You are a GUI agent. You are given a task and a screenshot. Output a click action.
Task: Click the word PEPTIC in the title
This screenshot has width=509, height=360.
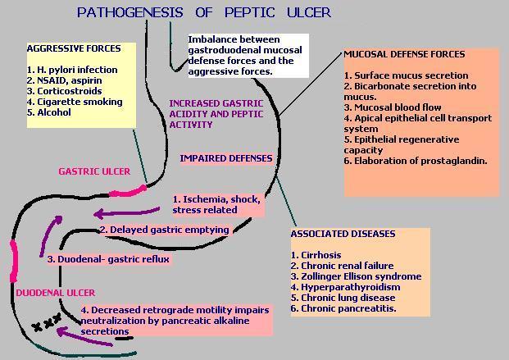tap(250, 12)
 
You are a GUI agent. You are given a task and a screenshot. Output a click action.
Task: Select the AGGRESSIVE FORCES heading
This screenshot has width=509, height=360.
tap(74, 48)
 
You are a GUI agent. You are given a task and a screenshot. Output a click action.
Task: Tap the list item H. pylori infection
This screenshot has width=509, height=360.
tap(72, 70)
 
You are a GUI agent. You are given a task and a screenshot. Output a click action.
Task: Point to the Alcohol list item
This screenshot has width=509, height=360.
tap(48, 112)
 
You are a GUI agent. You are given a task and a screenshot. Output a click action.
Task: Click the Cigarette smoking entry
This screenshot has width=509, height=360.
tap(75, 102)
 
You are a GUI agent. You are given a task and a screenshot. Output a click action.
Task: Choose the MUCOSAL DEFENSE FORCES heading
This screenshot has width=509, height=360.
tap(404, 54)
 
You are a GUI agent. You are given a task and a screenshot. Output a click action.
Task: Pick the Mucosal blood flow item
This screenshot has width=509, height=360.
tap(393, 107)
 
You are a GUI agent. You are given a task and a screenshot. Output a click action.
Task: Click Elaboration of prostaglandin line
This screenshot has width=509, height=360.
tap(416, 161)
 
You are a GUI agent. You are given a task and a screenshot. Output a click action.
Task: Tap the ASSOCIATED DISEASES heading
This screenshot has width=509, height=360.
tap(343, 234)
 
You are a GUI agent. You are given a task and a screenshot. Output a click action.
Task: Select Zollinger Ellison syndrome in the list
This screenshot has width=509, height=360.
tap(356, 276)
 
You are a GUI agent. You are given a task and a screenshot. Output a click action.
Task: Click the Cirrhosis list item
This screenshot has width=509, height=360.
tap(311, 255)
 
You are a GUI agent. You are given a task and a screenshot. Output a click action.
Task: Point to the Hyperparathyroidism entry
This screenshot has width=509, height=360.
tap(345, 287)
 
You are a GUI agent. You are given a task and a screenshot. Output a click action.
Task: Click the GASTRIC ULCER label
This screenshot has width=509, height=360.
tap(94, 171)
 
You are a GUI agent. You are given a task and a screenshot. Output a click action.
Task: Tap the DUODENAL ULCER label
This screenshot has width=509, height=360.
tap(56, 293)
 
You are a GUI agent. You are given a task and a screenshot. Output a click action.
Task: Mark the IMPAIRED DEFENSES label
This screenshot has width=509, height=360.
tap(226, 158)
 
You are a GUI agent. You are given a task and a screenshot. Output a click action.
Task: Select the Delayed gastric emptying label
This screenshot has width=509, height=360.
tap(164, 230)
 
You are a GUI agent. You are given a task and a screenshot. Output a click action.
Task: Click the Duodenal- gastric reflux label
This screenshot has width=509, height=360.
tap(108, 259)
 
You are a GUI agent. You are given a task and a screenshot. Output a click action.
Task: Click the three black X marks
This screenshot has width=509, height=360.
tap(47, 322)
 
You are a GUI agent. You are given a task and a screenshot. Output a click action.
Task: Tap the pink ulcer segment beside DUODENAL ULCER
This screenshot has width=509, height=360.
tap(14, 261)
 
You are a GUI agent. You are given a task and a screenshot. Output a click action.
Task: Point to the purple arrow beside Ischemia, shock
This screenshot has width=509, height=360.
tap(126, 213)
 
